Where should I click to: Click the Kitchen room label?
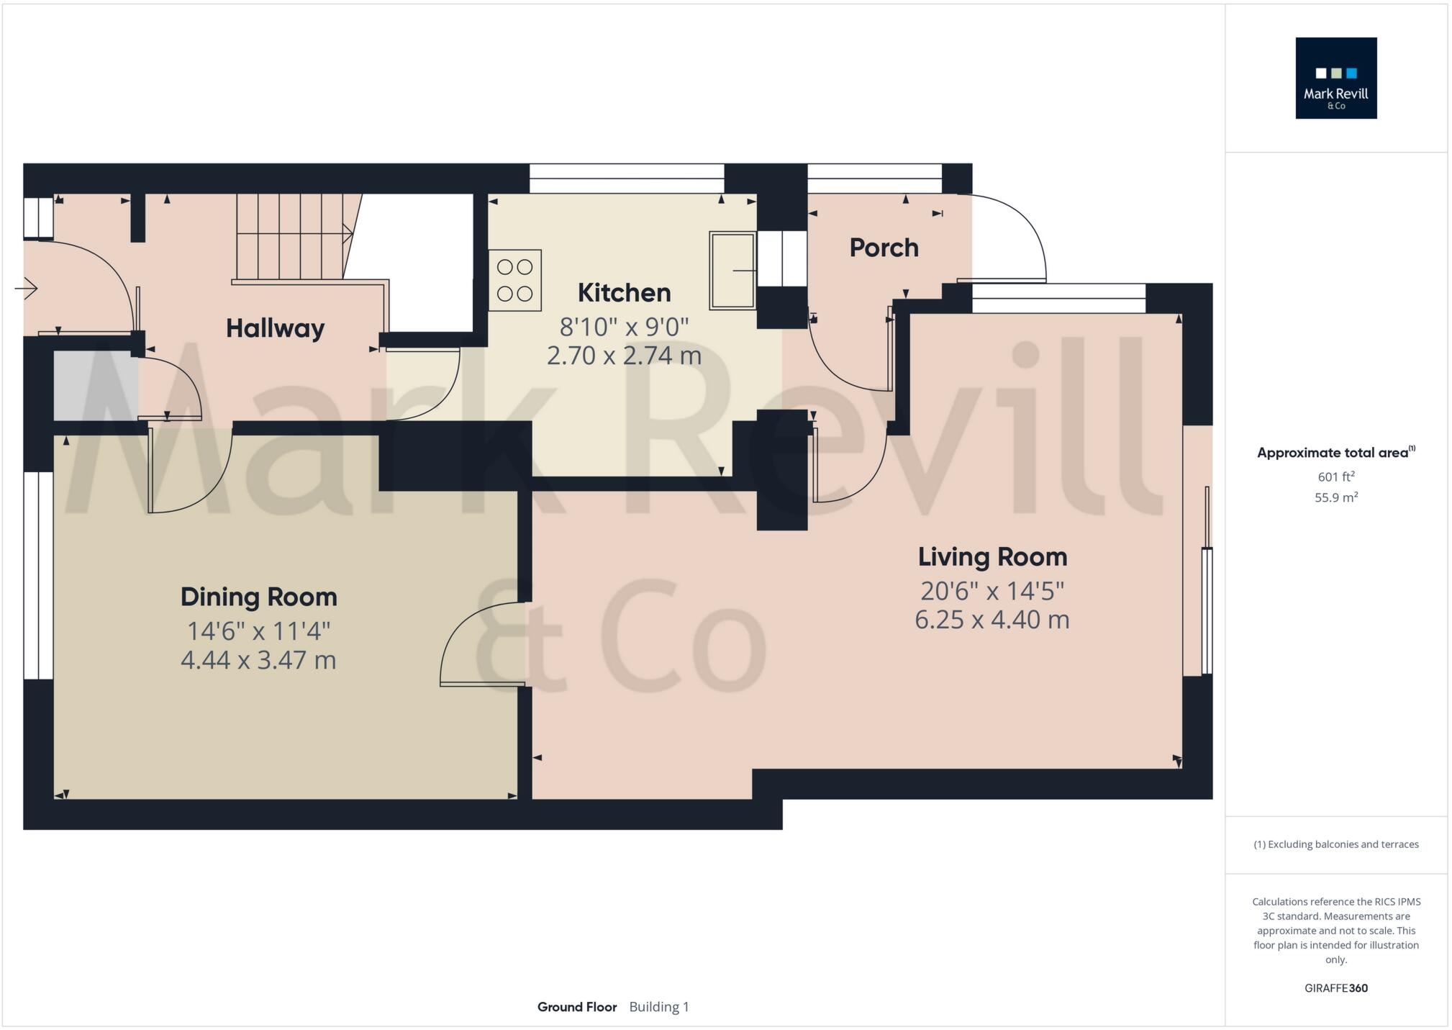pyautogui.click(x=624, y=293)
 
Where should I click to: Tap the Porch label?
pyautogui.click(x=884, y=248)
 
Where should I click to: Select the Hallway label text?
pyautogui.click(x=275, y=328)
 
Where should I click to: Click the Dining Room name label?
pyautogui.click(x=258, y=597)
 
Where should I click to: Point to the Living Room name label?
pyautogui.click(x=992, y=556)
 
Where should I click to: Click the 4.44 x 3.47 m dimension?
pyautogui.click(x=258, y=660)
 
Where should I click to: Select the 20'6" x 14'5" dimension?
pyautogui.click(x=992, y=591)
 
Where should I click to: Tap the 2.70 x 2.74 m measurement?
pyautogui.click(x=624, y=356)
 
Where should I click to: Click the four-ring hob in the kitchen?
pyautogui.click(x=514, y=280)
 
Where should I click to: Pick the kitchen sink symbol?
pyautogui.click(x=732, y=271)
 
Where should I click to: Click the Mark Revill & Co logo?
pyautogui.click(x=1335, y=78)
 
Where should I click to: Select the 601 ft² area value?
pyautogui.click(x=1335, y=476)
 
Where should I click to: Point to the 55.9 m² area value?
pyautogui.click(x=1335, y=497)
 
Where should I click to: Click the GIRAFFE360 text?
pyautogui.click(x=1335, y=988)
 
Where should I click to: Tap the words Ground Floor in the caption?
pyautogui.click(x=576, y=1007)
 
